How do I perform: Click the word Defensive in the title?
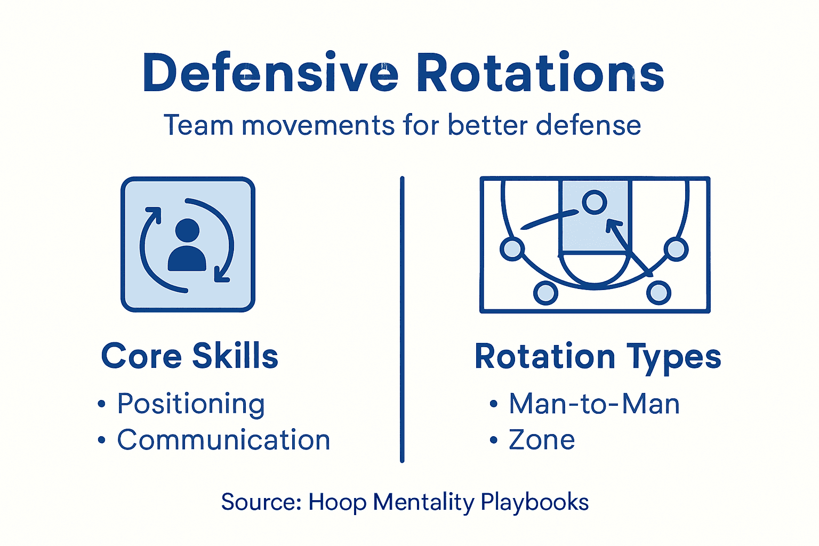click(x=270, y=73)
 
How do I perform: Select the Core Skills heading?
click(x=190, y=356)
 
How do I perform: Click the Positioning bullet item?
click(x=191, y=404)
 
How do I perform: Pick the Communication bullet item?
click(x=223, y=440)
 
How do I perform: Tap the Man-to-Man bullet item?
click(x=594, y=404)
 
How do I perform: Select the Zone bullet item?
click(x=542, y=440)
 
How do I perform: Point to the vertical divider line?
click(x=402, y=320)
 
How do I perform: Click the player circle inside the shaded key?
click(x=594, y=202)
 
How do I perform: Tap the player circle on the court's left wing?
click(x=512, y=248)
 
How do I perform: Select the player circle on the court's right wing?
click(x=676, y=248)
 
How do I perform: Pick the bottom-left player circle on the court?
click(x=545, y=293)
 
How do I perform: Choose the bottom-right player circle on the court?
click(x=659, y=293)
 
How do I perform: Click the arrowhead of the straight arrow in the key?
click(x=612, y=226)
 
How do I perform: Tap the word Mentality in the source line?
click(x=423, y=502)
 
